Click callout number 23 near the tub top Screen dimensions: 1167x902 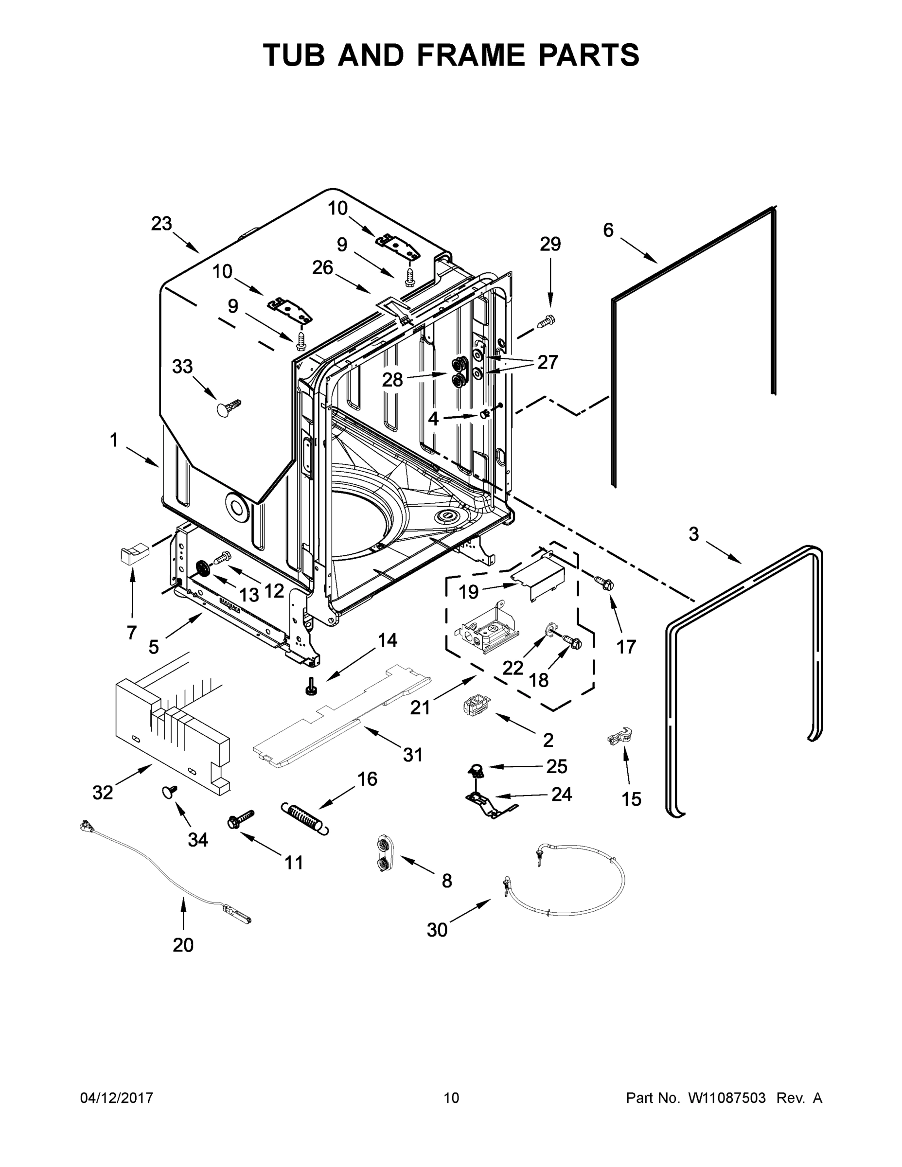[161, 223]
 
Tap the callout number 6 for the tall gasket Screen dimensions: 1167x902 [608, 230]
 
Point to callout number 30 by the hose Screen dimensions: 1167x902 [437, 930]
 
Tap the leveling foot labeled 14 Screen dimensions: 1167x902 [310, 687]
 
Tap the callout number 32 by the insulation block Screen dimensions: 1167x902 [103, 793]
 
